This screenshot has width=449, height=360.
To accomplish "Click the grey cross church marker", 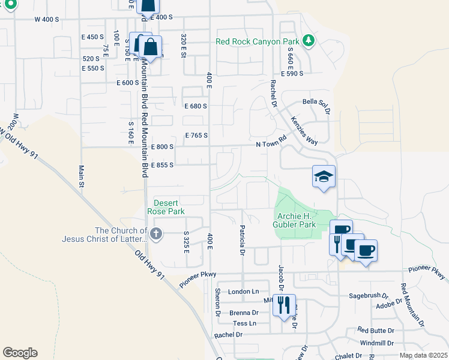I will point(156,234).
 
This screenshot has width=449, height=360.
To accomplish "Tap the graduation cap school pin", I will point(324,176).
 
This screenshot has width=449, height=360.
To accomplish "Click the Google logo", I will point(20,352).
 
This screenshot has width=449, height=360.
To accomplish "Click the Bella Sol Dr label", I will point(317,106).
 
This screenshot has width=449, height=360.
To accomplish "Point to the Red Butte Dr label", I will point(375,330).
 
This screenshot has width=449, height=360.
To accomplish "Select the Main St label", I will point(80,175).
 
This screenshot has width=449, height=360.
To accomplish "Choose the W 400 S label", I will point(47,19).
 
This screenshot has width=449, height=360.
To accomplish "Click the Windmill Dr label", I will point(376,343).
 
